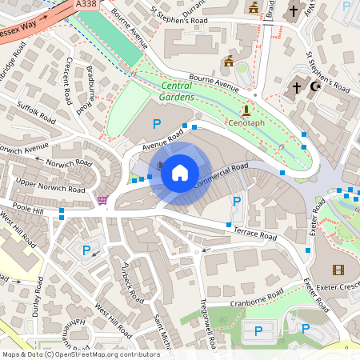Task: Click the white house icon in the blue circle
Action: point(180,172)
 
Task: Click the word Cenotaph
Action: point(246,125)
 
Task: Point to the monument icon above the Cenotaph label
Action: point(246,111)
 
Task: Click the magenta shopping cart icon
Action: point(102,200)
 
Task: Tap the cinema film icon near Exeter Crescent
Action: point(338,270)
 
